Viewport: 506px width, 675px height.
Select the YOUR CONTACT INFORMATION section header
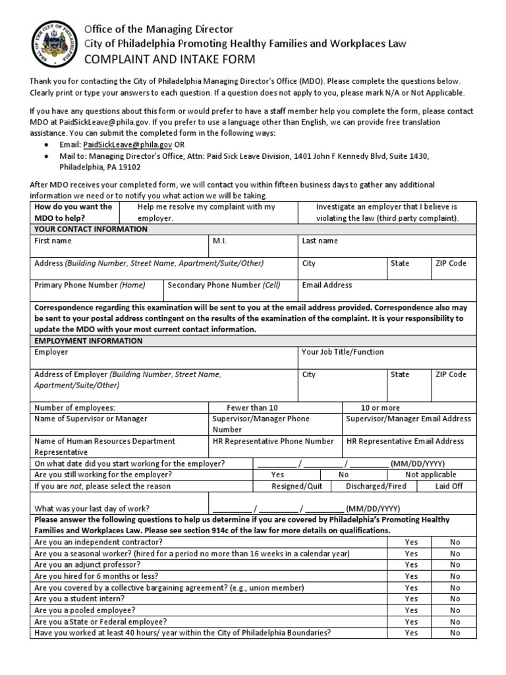pos(91,229)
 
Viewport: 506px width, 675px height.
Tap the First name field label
pos(53,241)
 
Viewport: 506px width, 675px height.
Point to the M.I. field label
pos(219,241)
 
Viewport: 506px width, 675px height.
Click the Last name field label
pos(320,241)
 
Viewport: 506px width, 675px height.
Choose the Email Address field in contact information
pos(327,285)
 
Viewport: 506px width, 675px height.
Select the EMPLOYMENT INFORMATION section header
pos(88,341)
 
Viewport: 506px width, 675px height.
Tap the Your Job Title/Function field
pos(343,352)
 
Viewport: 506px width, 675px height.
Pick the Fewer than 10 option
pos(252,408)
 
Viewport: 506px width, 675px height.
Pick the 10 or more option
pos(379,408)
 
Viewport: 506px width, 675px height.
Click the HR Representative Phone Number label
pos(273,441)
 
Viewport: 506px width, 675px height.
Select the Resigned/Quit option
pos(297,486)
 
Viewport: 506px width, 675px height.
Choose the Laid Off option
pos(449,486)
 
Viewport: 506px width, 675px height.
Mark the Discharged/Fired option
pos(376,486)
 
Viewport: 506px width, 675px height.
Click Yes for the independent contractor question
pos(411,542)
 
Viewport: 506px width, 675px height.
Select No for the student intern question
pos(455,599)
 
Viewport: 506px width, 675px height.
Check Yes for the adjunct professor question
pos(411,565)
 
